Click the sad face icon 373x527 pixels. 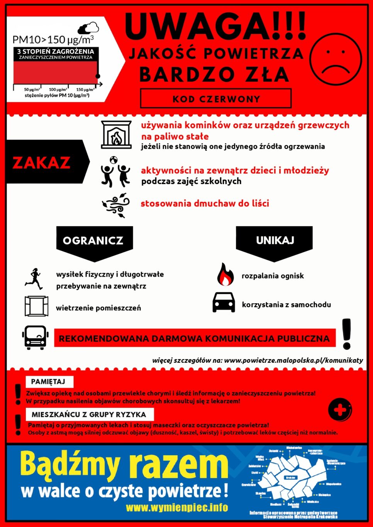336,59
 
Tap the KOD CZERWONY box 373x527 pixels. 216,99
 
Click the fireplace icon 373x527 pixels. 116,135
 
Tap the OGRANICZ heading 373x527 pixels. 93,241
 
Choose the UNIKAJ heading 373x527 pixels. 275,240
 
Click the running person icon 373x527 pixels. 34,279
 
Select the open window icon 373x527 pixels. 36,306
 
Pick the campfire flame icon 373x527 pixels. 225,275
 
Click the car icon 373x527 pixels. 224,302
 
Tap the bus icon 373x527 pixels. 36,338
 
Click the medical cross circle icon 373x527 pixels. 340,410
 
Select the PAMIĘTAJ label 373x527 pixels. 48,382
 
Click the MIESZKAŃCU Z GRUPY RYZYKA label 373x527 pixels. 89,414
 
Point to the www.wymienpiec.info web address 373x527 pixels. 177,507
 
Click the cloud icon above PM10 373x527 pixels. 88,28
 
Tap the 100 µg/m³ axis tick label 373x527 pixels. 58,90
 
